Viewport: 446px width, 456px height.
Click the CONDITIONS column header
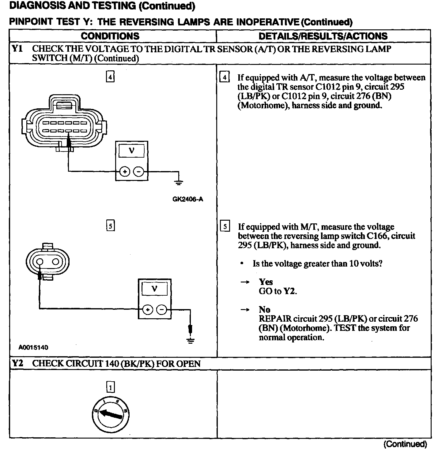(x=110, y=36)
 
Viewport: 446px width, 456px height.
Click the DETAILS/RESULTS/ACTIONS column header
(x=323, y=36)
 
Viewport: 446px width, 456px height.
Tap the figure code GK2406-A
(x=187, y=199)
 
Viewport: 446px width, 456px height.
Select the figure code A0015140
(x=33, y=347)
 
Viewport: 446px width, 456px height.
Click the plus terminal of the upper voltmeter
(x=125, y=172)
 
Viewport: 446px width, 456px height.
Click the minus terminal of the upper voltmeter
(x=139, y=172)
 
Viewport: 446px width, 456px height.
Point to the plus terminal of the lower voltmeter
(x=148, y=310)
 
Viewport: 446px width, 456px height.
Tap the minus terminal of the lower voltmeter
(x=162, y=310)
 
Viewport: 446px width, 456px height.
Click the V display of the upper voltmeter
(x=132, y=151)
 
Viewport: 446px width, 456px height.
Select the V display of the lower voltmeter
(x=154, y=288)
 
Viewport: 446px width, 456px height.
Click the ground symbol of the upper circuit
(x=179, y=183)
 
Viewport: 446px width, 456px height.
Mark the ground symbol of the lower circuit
(x=191, y=341)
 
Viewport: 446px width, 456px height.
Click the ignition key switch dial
(x=110, y=414)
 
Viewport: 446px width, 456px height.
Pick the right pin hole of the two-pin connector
(x=56, y=262)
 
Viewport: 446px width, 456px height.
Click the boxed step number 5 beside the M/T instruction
(x=225, y=226)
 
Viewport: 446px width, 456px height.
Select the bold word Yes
(x=266, y=282)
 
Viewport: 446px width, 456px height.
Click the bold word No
(x=264, y=309)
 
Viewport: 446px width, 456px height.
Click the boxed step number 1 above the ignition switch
(x=110, y=387)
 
